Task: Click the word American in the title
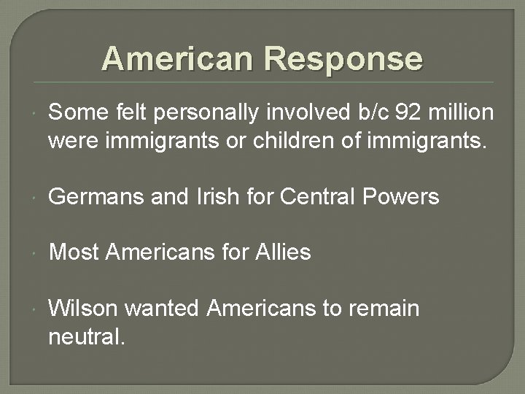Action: tap(179, 58)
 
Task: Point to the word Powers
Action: tap(405, 197)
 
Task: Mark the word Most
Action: tap(73, 252)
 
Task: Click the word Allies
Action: tap(284, 252)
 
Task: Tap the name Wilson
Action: tap(82, 308)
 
